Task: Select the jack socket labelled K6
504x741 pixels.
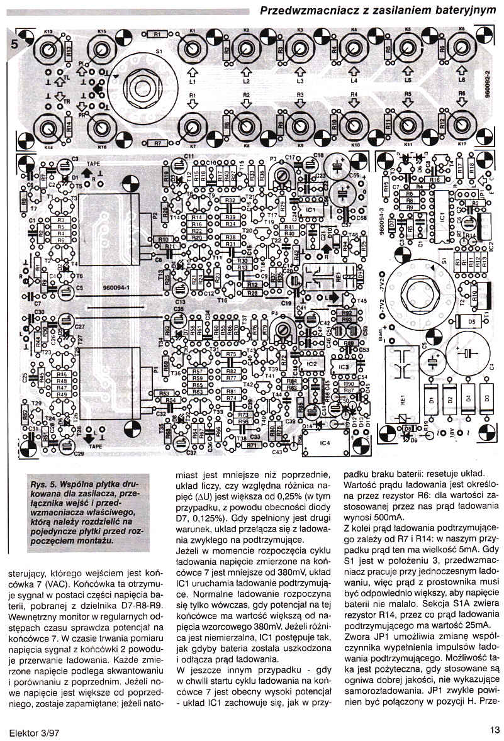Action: pos(462,47)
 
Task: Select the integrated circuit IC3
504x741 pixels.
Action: pos(344,365)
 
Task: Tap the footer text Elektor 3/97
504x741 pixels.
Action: pos(35,731)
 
